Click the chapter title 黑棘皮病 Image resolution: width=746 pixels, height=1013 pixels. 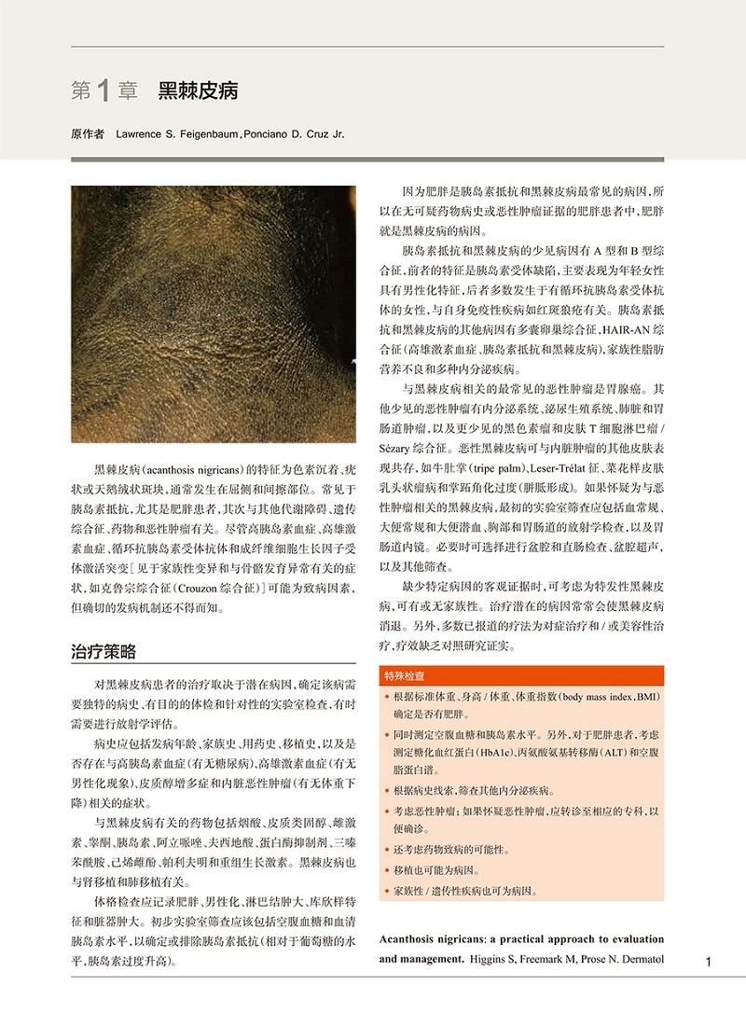pyautogui.click(x=198, y=90)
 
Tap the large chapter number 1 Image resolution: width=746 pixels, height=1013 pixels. pyautogui.click(x=104, y=90)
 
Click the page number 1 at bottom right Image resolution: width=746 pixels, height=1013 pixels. pyautogui.click(x=709, y=962)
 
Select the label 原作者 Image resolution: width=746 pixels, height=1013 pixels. pyautogui.click(x=88, y=134)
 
